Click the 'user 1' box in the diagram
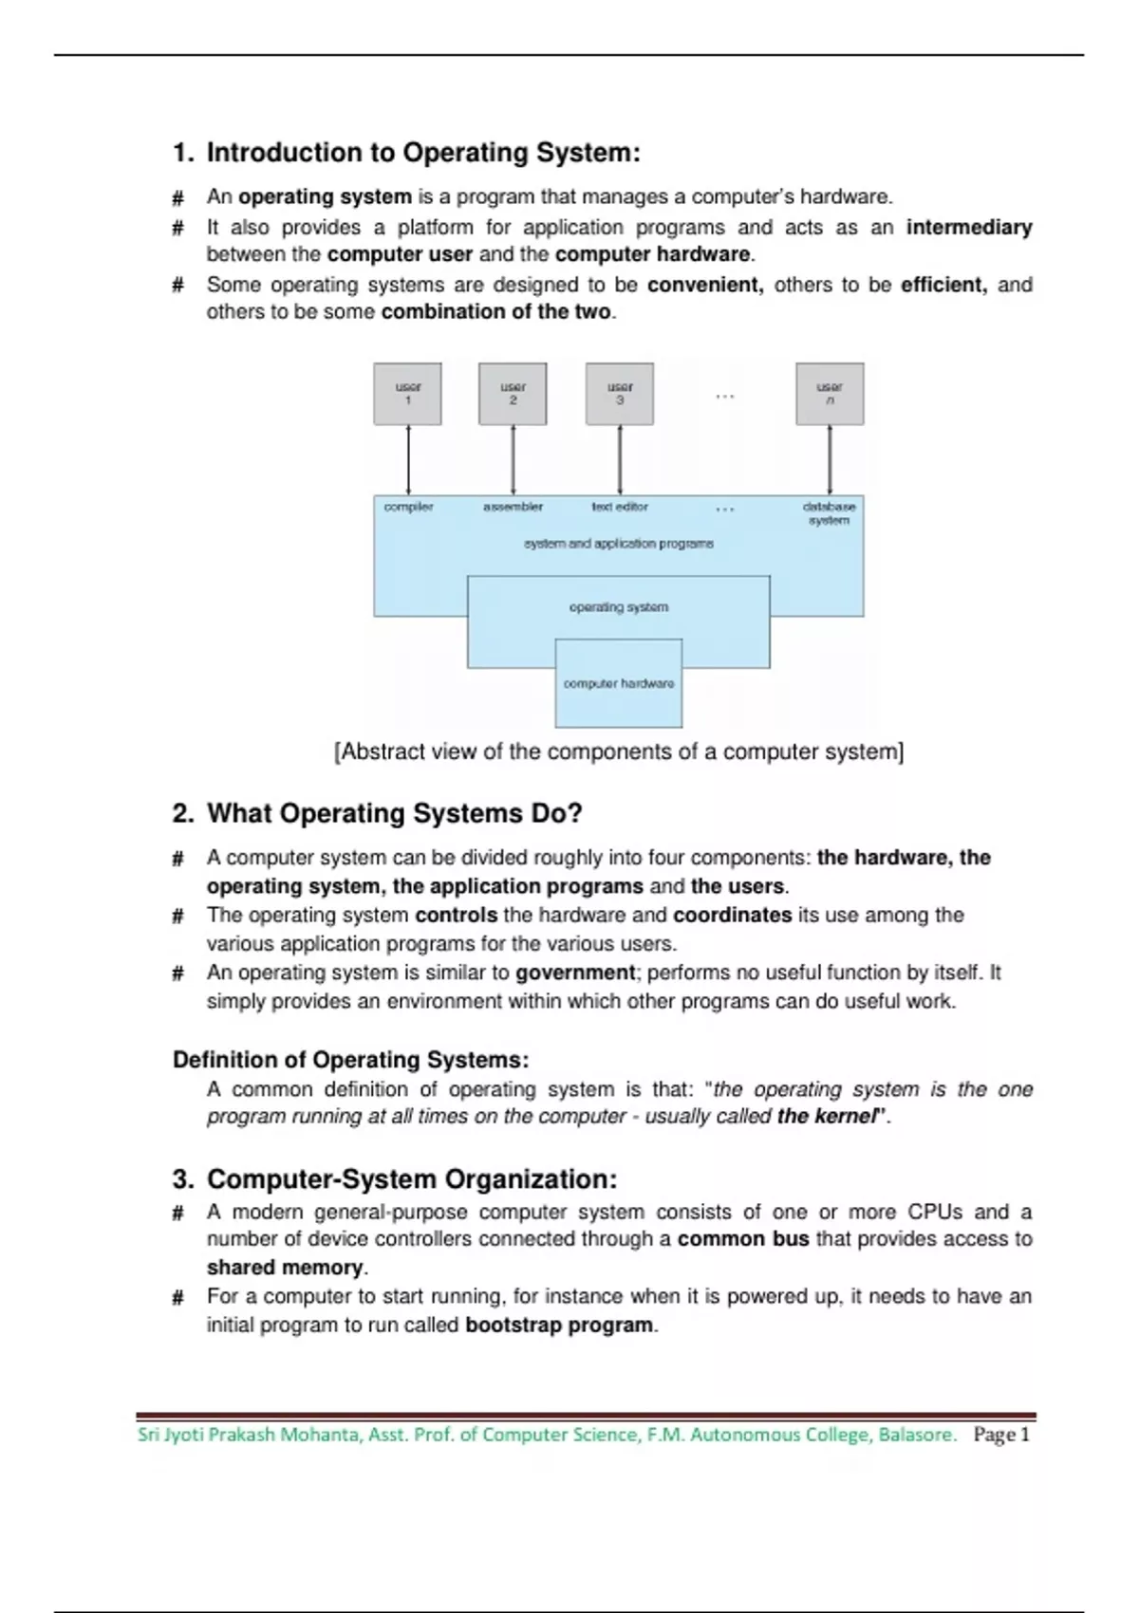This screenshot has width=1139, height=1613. click(x=407, y=394)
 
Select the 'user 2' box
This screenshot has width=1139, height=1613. click(x=513, y=394)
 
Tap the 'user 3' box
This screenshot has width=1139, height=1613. click(x=620, y=394)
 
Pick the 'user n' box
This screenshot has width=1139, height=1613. click(x=830, y=394)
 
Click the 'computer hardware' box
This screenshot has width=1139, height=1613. click(x=619, y=684)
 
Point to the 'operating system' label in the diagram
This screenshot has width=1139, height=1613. click(x=619, y=607)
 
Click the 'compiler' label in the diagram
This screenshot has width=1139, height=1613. click(x=408, y=507)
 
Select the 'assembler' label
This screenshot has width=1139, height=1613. click(x=513, y=507)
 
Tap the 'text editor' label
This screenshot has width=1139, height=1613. click(x=620, y=507)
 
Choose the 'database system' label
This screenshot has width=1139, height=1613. click(x=830, y=513)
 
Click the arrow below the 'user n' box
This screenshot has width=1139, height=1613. click(x=830, y=460)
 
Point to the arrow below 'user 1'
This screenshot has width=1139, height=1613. click(x=408, y=460)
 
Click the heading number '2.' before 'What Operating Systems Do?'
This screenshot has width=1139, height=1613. click(x=183, y=814)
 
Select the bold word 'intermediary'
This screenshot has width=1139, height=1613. click(x=968, y=228)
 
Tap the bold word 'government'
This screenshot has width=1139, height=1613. click(x=575, y=973)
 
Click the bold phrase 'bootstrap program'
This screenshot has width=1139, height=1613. click(x=559, y=1326)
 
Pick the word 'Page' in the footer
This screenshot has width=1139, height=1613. click(x=994, y=1435)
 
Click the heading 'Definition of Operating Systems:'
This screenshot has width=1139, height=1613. click(x=350, y=1060)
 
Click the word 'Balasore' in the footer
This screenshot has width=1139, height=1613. click(x=916, y=1435)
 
